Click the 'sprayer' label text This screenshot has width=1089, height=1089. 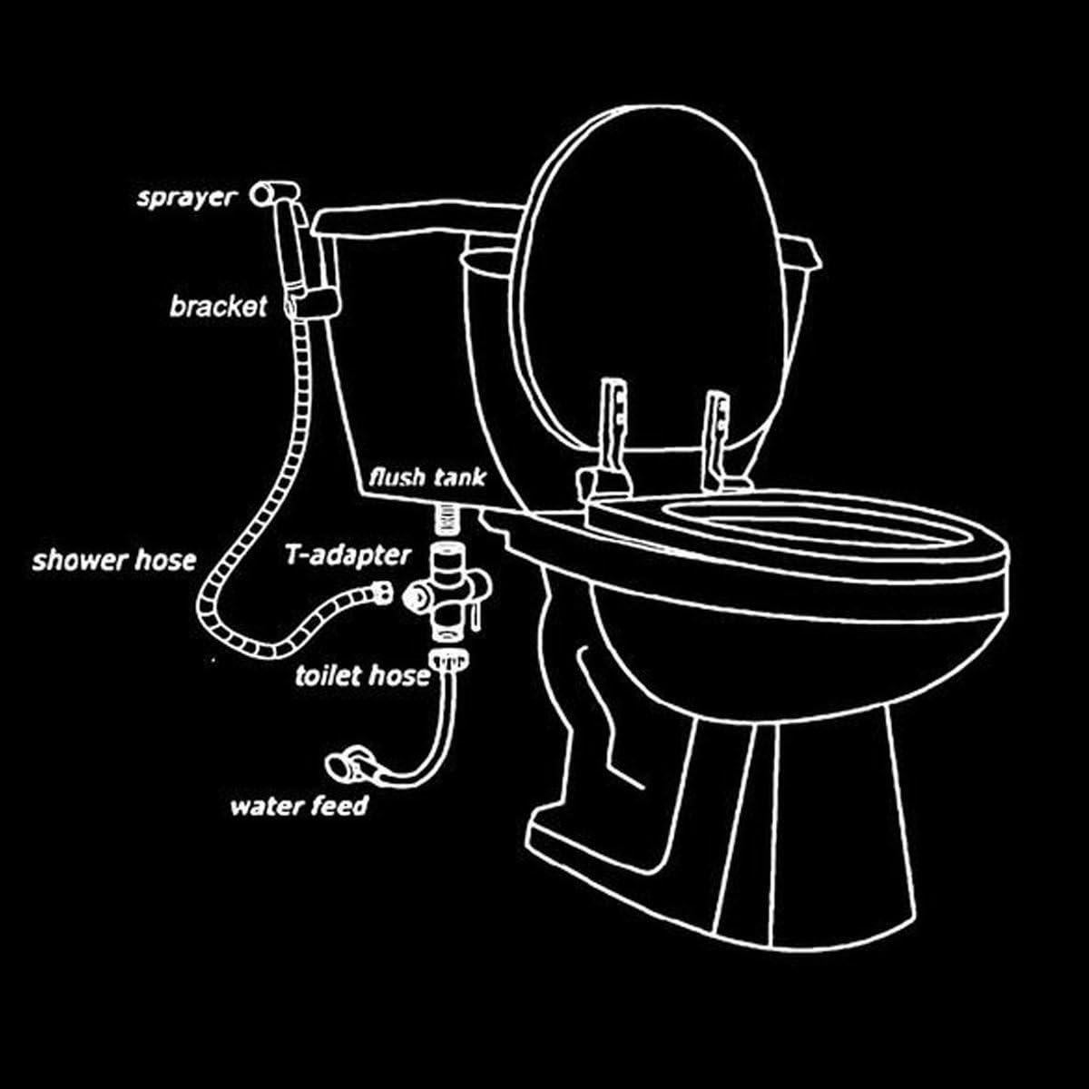tap(185, 197)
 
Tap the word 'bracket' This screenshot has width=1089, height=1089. tap(218, 306)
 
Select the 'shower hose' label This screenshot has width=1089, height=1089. tap(113, 560)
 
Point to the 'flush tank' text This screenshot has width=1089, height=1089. tap(427, 477)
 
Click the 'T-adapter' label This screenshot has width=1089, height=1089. tap(348, 554)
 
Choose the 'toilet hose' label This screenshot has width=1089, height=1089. tap(361, 675)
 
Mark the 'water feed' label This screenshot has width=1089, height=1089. tap(299, 805)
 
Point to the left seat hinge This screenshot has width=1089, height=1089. tap(611, 436)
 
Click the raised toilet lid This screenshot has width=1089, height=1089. tap(652, 272)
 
